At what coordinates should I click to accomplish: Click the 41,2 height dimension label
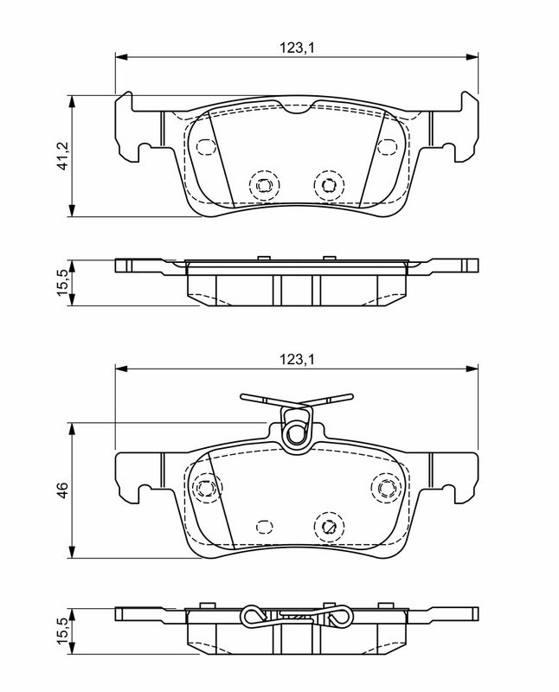pyautogui.click(x=61, y=157)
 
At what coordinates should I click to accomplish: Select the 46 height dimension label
pyautogui.click(x=61, y=490)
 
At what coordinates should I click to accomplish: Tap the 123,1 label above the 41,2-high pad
pyautogui.click(x=296, y=48)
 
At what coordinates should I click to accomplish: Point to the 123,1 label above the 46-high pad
pyautogui.click(x=296, y=358)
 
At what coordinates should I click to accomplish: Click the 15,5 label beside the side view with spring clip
pyautogui.click(x=61, y=629)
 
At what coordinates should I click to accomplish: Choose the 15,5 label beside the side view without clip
pyautogui.click(x=61, y=282)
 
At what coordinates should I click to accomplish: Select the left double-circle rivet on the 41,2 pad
pyautogui.click(x=262, y=183)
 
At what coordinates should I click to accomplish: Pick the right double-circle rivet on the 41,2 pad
pyautogui.click(x=327, y=183)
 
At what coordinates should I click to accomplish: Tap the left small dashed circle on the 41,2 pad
pyautogui.click(x=205, y=146)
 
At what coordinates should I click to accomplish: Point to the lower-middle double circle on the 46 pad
pyautogui.click(x=327, y=524)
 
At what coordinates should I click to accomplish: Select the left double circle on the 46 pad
pyautogui.click(x=205, y=488)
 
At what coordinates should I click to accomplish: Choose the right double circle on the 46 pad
pyautogui.click(x=382, y=488)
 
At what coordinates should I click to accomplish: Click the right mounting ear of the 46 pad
pyautogui.click(x=463, y=474)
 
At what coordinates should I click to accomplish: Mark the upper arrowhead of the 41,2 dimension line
pyautogui.click(x=73, y=98)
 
